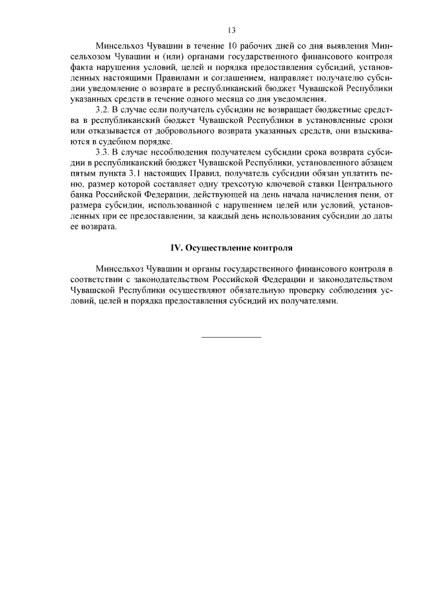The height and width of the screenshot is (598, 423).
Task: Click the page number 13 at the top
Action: pos(231,30)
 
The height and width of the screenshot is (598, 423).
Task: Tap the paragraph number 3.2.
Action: pos(104,108)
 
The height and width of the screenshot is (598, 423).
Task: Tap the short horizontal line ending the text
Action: pos(231,337)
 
